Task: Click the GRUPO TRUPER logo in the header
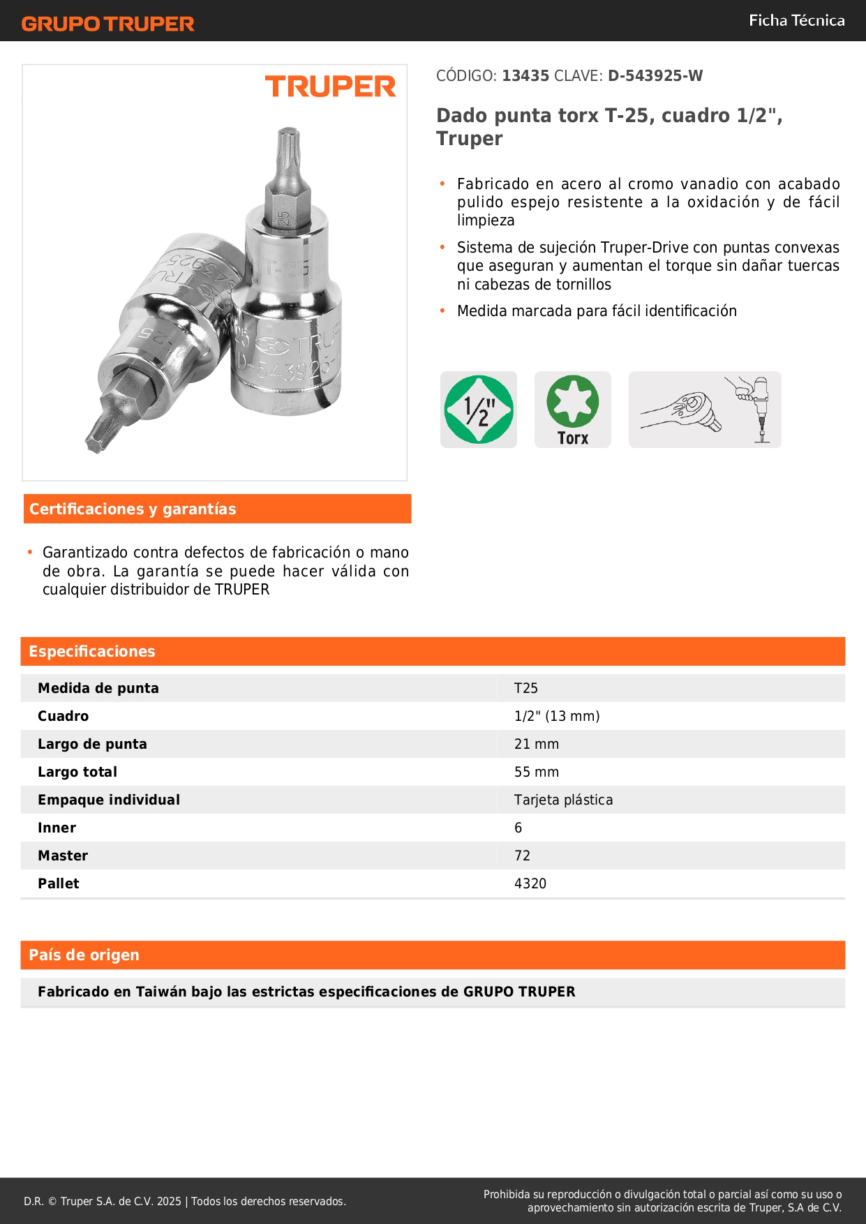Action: coord(108,24)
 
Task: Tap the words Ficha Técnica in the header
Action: coord(796,20)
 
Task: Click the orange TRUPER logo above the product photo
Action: coord(330,87)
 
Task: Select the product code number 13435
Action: coord(525,76)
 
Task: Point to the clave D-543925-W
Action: coord(655,76)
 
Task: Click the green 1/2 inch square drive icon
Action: coord(479,410)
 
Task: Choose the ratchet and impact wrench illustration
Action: coord(705,410)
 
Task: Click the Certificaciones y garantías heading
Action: coord(133,509)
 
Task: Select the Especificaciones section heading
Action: coord(92,651)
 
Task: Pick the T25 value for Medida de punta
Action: coord(526,688)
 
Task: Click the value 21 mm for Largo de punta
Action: coord(537,744)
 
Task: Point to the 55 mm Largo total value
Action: coord(537,772)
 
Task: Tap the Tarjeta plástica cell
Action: coord(563,800)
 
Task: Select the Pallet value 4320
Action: coord(530,883)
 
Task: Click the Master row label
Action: coord(63,856)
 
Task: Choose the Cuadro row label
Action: coord(64,716)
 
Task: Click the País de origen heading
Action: coord(84,955)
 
